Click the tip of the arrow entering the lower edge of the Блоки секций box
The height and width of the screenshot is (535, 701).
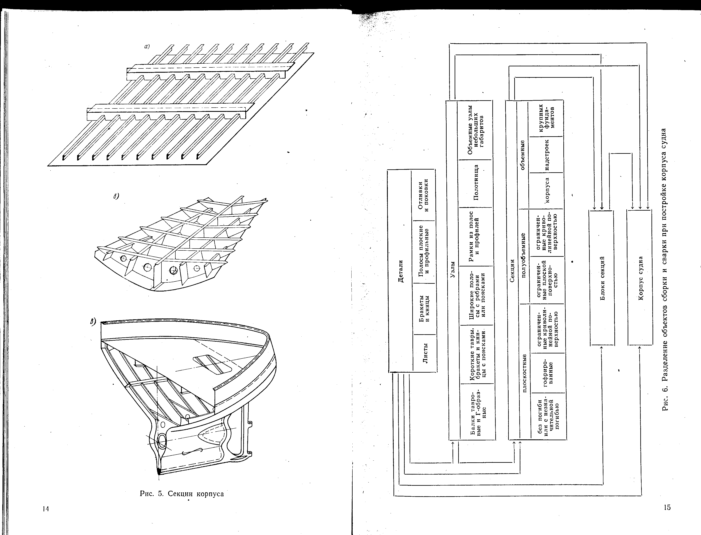(602, 346)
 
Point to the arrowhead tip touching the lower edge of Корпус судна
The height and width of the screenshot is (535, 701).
(639, 346)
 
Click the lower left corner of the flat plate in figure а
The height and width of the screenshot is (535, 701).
(48, 166)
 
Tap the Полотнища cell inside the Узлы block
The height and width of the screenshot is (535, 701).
(476, 183)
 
